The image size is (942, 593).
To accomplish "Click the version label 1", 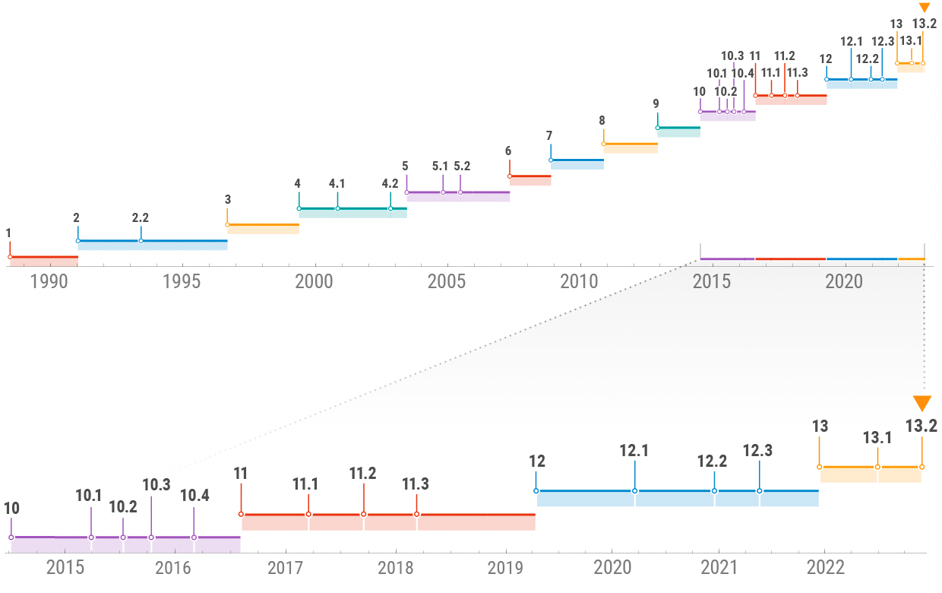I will (x=8, y=233).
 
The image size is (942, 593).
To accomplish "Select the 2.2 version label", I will (x=141, y=217).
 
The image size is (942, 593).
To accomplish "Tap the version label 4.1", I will (x=337, y=183).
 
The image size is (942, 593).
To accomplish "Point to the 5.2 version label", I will (x=462, y=166).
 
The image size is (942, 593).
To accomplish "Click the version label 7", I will (x=549, y=135).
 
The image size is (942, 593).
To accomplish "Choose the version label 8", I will (x=602, y=120).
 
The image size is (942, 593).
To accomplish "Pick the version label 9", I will (x=656, y=103).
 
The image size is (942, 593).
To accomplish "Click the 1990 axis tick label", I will (x=49, y=282).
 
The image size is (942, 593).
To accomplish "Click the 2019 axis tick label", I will (x=504, y=568).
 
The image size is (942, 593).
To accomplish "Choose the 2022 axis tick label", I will (x=825, y=568).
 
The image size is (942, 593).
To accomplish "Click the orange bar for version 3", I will (x=263, y=225).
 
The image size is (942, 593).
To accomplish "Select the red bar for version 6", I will (x=529, y=176).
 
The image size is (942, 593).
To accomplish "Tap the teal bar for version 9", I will (x=678, y=128).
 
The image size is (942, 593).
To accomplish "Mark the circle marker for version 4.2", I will (x=390, y=208).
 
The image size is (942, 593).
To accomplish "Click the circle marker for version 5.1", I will (x=444, y=192).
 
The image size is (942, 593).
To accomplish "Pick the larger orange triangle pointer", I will (x=921, y=404).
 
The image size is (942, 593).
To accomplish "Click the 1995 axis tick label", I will (x=182, y=282).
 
